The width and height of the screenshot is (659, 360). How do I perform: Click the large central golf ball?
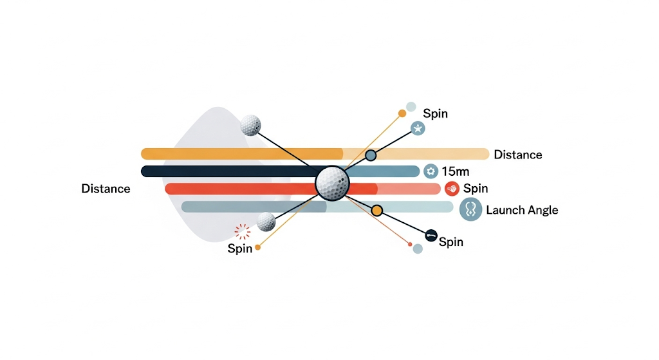point(333,184)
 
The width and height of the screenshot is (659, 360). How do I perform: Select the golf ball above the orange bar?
point(250,126)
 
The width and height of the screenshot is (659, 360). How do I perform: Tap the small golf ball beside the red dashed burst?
point(266,222)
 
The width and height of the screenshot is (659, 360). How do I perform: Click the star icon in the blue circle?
point(418,128)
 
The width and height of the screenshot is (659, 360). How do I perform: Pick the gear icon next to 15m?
point(431,171)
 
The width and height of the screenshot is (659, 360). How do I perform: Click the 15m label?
point(455,171)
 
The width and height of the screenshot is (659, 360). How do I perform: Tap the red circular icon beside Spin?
point(452,189)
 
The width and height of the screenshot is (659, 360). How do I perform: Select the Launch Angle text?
point(522,210)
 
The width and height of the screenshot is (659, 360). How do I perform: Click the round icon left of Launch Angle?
point(470,209)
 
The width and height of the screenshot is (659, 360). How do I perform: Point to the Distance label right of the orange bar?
point(518,155)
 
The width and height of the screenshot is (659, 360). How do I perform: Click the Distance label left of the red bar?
point(106,189)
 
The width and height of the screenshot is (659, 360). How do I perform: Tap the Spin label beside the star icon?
point(436,113)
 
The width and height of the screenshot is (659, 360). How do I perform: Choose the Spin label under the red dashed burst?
point(239,249)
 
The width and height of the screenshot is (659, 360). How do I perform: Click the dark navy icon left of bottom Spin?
point(431,236)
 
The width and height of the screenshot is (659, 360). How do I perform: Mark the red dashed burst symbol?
point(243,232)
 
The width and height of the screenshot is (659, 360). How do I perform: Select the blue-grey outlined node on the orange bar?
point(370,155)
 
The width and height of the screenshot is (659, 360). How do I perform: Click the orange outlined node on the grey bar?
point(377,211)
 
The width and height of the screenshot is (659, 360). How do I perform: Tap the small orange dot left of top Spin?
point(402,113)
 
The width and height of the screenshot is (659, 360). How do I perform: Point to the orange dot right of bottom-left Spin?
point(257,248)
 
